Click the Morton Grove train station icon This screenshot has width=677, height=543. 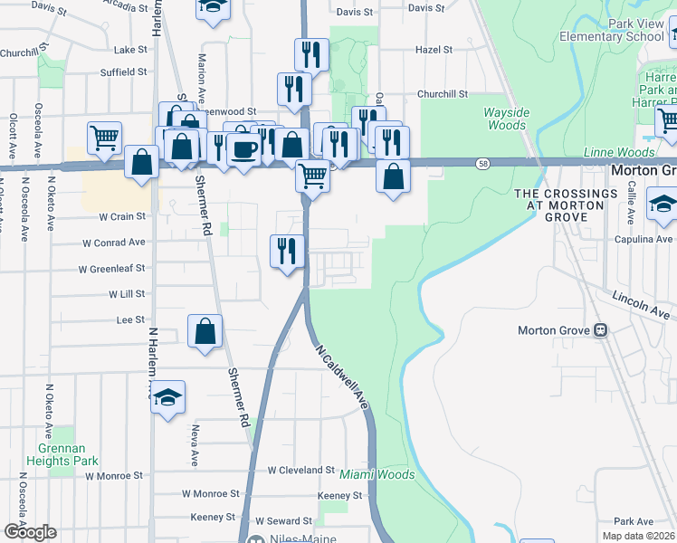click(x=599, y=330)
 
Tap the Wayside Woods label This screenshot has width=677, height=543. click(x=506, y=119)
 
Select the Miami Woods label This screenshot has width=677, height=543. click(x=377, y=474)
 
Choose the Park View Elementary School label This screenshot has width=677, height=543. click(x=611, y=30)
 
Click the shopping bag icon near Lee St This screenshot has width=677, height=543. click(x=205, y=331)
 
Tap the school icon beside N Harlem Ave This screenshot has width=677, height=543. click(x=167, y=397)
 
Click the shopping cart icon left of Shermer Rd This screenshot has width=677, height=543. click(x=105, y=138)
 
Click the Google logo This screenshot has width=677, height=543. click(x=30, y=532)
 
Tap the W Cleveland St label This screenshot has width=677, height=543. click(x=301, y=471)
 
